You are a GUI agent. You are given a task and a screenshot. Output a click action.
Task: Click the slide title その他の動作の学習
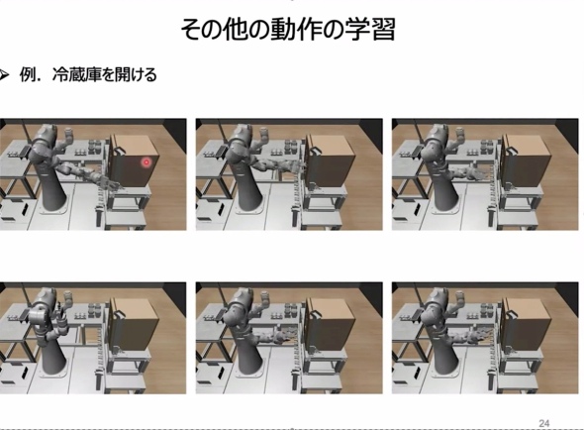[x=288, y=30]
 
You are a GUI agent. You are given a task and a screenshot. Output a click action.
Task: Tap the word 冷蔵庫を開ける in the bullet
[x=105, y=75]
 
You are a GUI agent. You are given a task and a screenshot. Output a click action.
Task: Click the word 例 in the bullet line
[x=27, y=75]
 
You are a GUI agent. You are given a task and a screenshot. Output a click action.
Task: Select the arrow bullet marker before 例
[x=4, y=75]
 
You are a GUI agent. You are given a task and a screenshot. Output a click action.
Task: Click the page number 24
[x=543, y=423]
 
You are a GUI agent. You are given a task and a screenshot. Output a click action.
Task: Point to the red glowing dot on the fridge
[x=146, y=161]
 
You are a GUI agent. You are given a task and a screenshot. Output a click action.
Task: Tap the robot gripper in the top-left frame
[x=108, y=183]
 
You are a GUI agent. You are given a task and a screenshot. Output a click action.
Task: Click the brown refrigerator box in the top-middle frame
[x=330, y=161]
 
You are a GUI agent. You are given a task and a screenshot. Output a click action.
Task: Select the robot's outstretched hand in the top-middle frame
[x=296, y=165]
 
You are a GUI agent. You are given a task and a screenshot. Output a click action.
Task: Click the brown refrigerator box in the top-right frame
[x=526, y=161]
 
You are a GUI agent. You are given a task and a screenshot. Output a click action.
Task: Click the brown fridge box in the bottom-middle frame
[x=330, y=324]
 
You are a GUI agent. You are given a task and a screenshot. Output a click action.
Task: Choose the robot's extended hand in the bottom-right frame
[x=480, y=335]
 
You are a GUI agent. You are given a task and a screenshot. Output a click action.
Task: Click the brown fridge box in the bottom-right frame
[x=526, y=324]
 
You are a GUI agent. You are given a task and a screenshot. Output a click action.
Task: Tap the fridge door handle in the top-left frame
[x=119, y=151]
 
